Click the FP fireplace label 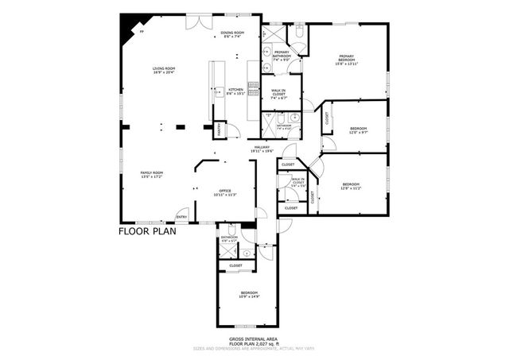click(142, 31)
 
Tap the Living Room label click(164, 71)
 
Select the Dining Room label click(232, 34)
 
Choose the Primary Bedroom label click(347, 60)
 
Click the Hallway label click(262, 148)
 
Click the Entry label click(181, 217)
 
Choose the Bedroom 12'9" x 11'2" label click(351, 186)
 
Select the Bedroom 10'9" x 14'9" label click(250, 295)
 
